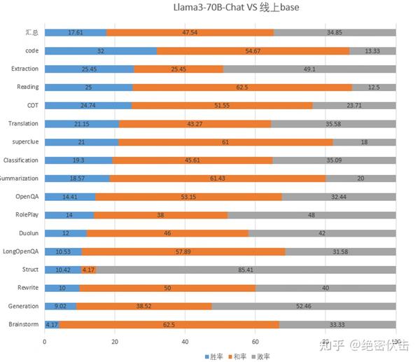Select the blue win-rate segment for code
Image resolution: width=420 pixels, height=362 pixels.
(101, 51)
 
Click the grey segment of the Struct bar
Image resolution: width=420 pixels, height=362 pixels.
(246, 270)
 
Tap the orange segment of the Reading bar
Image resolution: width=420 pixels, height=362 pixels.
(242, 88)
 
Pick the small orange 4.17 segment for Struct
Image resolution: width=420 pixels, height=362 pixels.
(88, 270)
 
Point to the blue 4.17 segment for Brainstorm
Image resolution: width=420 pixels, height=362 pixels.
(52, 324)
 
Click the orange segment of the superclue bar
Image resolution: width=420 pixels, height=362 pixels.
(225, 142)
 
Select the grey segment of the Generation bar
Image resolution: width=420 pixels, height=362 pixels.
(304, 306)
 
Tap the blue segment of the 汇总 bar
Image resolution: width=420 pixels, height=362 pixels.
(76, 33)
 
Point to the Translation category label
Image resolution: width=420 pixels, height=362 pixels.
(23, 124)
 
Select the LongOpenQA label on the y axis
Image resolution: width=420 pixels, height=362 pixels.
(20, 251)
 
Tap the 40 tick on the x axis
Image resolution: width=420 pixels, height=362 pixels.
(185, 342)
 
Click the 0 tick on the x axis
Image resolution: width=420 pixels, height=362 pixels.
(45, 342)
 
